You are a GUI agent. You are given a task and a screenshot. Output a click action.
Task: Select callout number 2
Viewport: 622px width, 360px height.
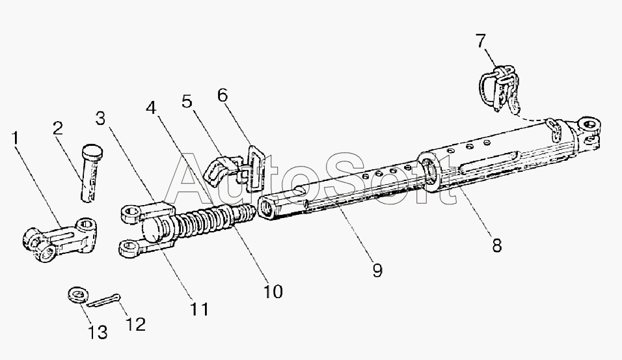58,128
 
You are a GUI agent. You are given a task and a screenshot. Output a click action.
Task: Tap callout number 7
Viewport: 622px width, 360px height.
480,42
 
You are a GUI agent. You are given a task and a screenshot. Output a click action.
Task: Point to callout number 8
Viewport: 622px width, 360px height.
496,245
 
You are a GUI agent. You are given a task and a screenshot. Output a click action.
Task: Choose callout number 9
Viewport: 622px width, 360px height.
377,269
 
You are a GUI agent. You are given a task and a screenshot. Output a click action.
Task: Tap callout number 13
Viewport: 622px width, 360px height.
98,333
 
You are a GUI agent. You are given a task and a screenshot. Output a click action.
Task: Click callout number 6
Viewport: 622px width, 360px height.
223,95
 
